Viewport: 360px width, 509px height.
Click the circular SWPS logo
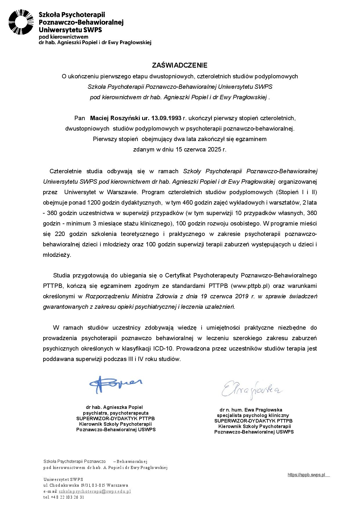pyautogui.click(x=21, y=22)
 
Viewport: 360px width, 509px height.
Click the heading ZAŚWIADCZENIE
pyautogui.click(x=180, y=65)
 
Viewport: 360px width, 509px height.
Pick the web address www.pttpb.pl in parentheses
pyautogui.click(x=250, y=286)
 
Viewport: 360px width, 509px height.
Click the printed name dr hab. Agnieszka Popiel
pyautogui.click(x=114, y=407)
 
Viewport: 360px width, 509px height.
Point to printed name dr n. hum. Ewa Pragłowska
pyautogui.click(x=251, y=410)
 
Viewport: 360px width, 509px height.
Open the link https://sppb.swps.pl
pyautogui.click(x=306, y=475)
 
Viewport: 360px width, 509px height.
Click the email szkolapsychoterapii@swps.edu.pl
pyautogui.click(x=95, y=491)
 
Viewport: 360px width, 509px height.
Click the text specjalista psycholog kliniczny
pyautogui.click(x=253, y=416)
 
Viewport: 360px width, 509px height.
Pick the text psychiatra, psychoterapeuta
pyautogui.click(x=115, y=413)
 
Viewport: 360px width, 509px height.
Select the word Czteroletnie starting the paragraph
pyautogui.click(x=66, y=171)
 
